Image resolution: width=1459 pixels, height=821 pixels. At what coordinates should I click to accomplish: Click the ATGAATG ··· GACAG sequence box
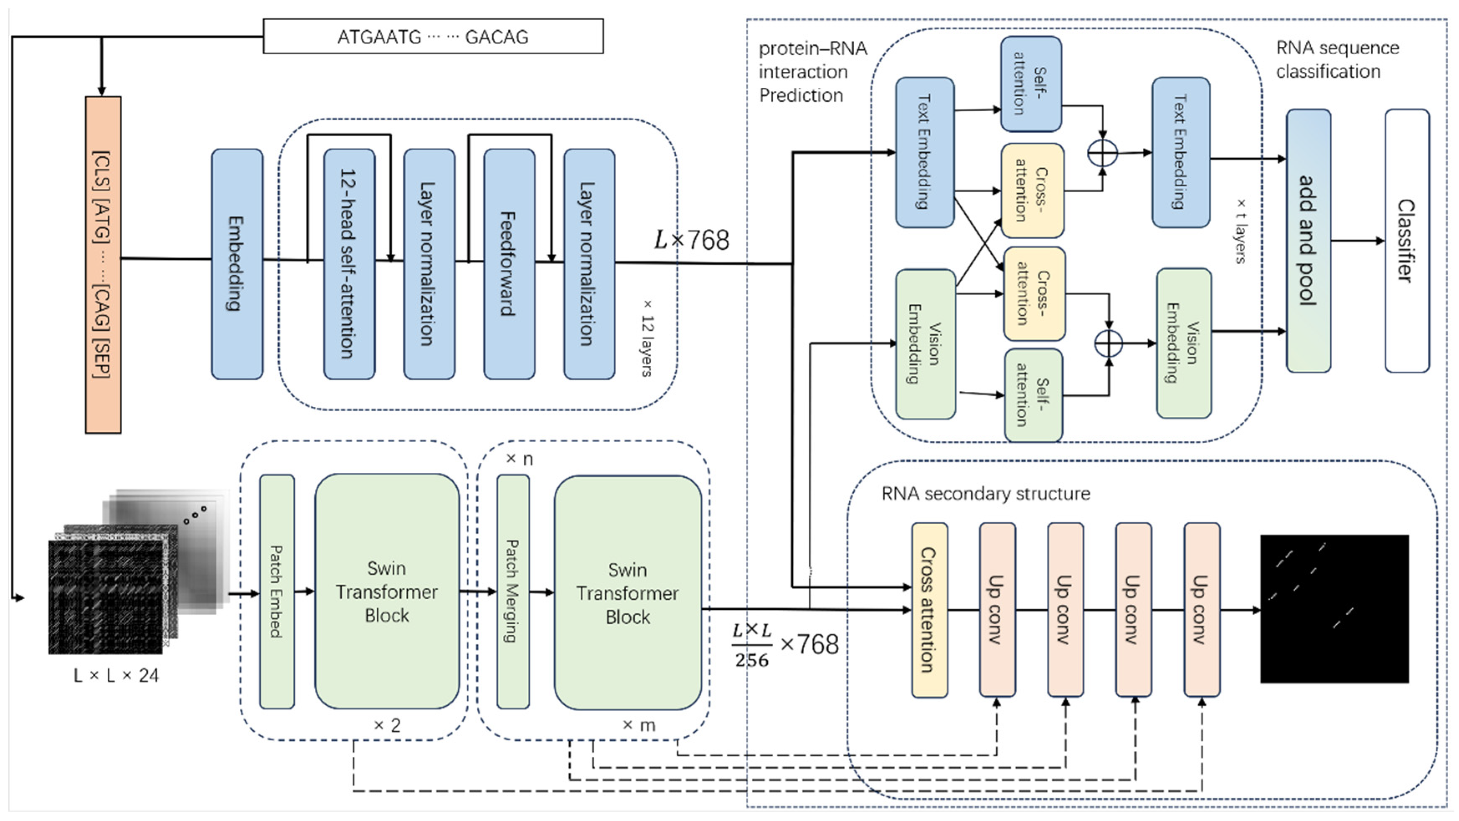coord(433,36)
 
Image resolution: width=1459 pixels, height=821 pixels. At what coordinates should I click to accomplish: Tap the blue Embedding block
coord(237,264)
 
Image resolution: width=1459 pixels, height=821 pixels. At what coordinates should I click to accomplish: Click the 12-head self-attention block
coord(349,264)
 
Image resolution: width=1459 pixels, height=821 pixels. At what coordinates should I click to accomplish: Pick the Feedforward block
coord(509,264)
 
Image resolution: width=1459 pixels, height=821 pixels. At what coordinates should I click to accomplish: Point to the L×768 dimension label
coord(692,241)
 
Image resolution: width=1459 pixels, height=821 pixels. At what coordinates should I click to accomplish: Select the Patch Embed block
coord(277,591)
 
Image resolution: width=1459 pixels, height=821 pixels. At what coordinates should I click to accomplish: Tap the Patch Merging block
coord(513,591)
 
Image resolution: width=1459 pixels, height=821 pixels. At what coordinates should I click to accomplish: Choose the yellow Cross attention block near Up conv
coord(929,610)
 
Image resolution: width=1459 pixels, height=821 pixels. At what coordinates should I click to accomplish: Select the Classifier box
coord(1406,241)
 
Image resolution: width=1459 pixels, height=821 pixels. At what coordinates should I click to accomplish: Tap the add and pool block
coord(1308,241)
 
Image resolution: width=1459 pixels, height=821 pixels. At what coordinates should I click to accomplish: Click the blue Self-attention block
coord(1030,84)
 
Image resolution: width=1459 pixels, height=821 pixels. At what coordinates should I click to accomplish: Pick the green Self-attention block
coord(1033,395)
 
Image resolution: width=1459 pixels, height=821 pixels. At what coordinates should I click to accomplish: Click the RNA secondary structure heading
coord(985,494)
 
